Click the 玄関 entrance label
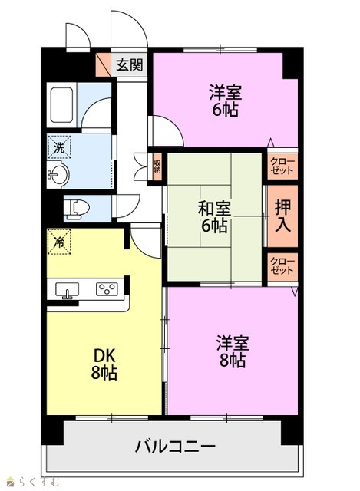pyautogui.click(x=130, y=65)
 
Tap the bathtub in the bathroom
pyautogui.click(x=61, y=105)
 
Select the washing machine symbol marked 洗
pyautogui.click(x=59, y=147)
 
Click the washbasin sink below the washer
pyautogui.click(x=58, y=174)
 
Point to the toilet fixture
pyautogui.click(x=76, y=208)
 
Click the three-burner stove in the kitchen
pyautogui.click(x=107, y=288)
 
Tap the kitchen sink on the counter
pyautogui.click(x=67, y=290)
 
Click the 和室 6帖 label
pyautogui.click(x=214, y=216)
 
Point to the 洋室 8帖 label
pyautogui.click(x=232, y=351)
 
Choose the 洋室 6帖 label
pyautogui.click(x=226, y=101)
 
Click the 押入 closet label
pyautogui.click(x=282, y=216)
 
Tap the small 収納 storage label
pyautogui.click(x=157, y=166)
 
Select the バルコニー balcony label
pyautogui.click(x=175, y=447)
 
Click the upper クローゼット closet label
pyautogui.click(x=282, y=166)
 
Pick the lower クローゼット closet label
pyautogui.click(x=282, y=266)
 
